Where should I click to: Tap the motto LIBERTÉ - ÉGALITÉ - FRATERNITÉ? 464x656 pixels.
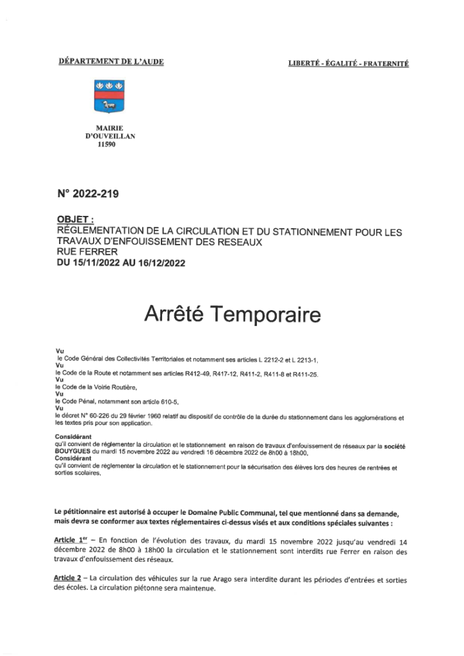349,63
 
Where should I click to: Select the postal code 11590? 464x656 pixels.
106,145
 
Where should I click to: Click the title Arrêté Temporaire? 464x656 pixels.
231,314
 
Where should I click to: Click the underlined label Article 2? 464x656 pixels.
69,579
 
